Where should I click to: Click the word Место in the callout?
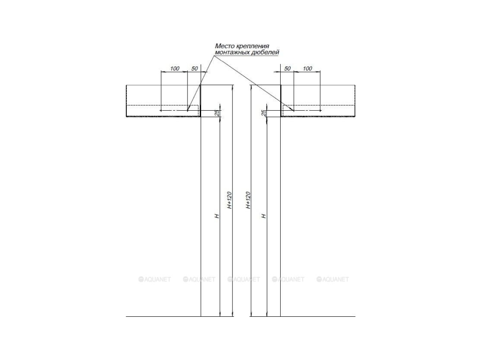(224, 46)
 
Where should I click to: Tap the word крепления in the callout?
(252, 46)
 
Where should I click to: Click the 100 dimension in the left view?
(175, 68)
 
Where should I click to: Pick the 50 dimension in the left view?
(195, 68)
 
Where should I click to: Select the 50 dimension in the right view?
(287, 68)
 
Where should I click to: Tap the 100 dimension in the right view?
(307, 68)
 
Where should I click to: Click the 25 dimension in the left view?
(217, 113)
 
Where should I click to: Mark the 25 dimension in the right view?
(264, 113)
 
